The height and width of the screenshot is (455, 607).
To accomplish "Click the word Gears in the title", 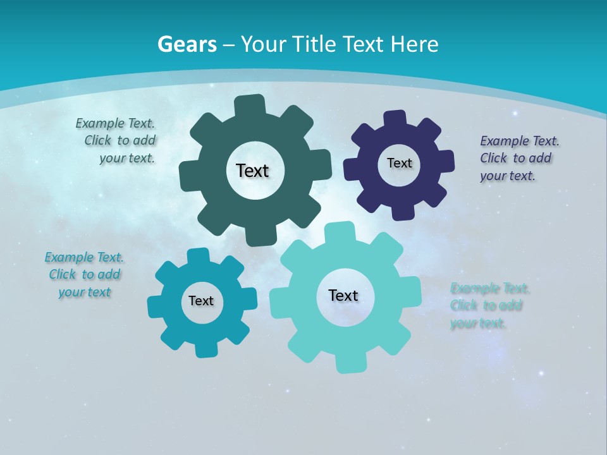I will [x=187, y=44].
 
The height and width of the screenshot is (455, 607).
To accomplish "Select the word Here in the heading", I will [x=414, y=44].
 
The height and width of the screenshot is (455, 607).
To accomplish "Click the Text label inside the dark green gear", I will [x=252, y=171].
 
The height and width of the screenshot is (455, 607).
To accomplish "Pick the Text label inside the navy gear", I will [x=399, y=163].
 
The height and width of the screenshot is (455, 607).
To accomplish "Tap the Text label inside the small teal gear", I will [x=201, y=301].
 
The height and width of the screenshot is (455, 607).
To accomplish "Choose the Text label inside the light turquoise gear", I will [x=343, y=295].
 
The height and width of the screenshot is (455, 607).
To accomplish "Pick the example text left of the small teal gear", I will [x=84, y=275].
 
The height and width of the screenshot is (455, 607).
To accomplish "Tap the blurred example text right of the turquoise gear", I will [x=489, y=306].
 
